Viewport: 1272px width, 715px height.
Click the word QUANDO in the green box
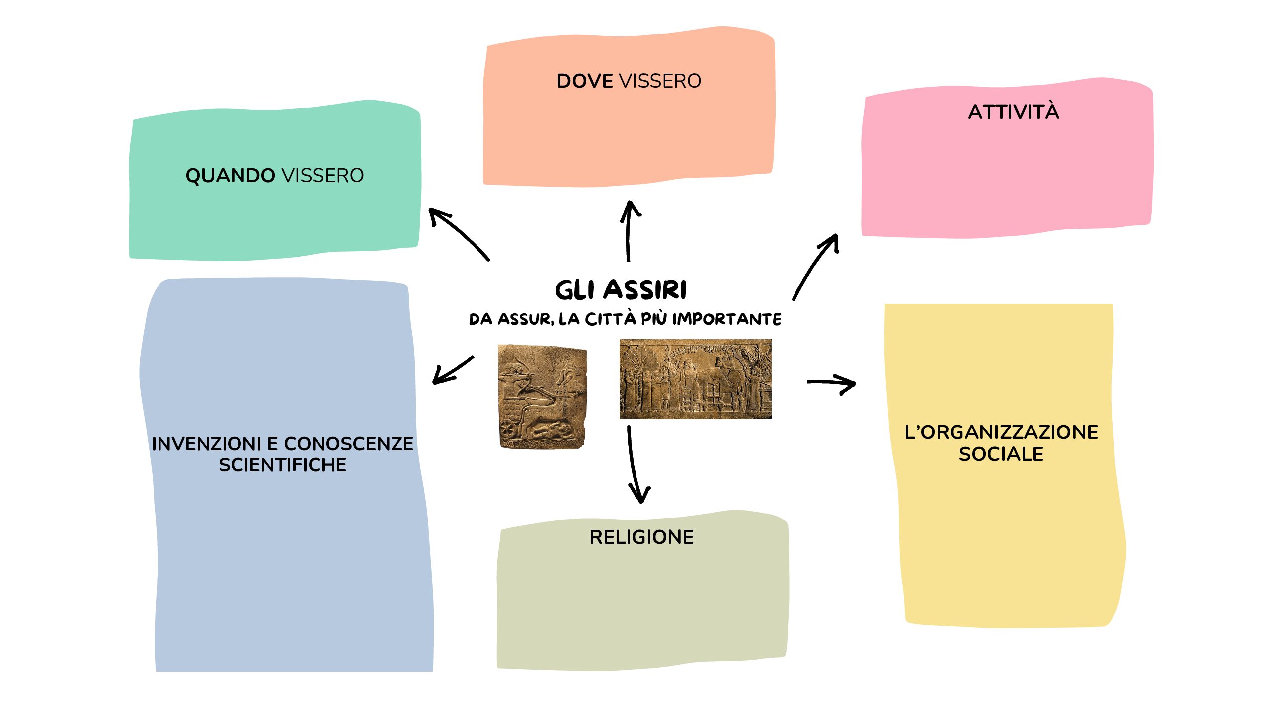pyautogui.click(x=230, y=176)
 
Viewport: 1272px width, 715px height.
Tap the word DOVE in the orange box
pyautogui.click(x=585, y=81)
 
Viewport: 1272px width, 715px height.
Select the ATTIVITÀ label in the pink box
pyautogui.click(x=1014, y=112)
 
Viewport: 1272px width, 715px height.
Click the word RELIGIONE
pyautogui.click(x=641, y=537)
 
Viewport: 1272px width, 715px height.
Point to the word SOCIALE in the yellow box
pyautogui.click(x=1001, y=454)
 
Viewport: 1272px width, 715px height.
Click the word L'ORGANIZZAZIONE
pyautogui.click(x=1001, y=432)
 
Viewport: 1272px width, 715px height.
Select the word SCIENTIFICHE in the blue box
pyautogui.click(x=282, y=465)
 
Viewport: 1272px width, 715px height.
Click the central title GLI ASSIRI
pyautogui.click(x=621, y=290)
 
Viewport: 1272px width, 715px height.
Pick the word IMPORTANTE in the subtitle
pyautogui.click(x=726, y=319)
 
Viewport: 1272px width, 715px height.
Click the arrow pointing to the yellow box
pyautogui.click(x=831, y=383)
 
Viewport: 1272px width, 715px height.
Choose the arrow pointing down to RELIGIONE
pyautogui.click(x=636, y=464)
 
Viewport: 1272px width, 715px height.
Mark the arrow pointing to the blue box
pyautogui.click(x=452, y=370)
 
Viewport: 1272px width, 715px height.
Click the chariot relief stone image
pyautogui.click(x=542, y=396)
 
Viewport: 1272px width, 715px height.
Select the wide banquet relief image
pyautogui.click(x=695, y=379)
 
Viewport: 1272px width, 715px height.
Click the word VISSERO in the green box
pyautogui.click(x=322, y=176)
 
